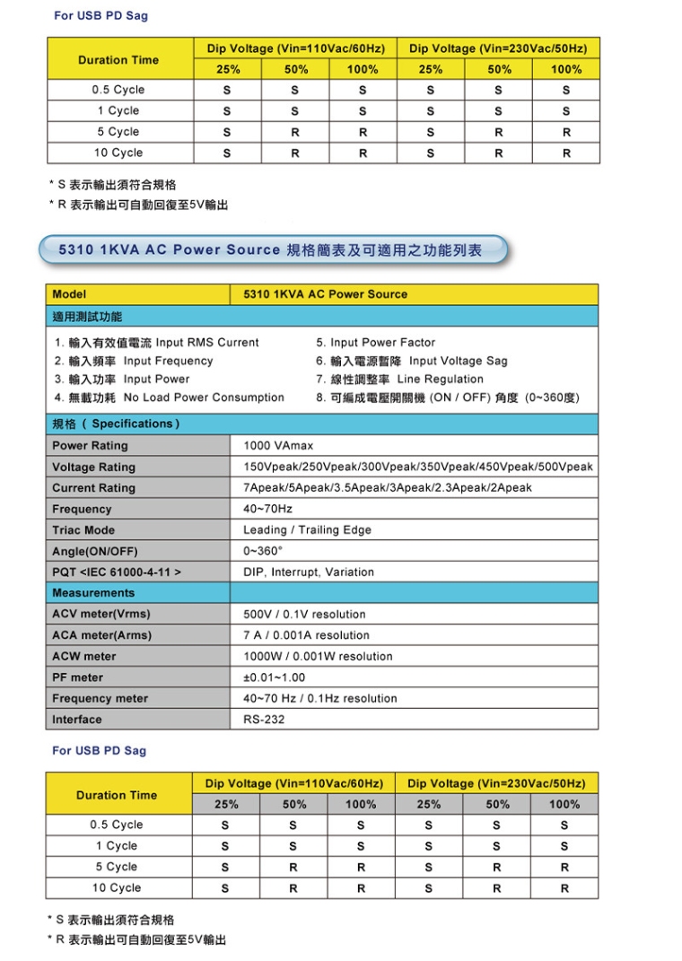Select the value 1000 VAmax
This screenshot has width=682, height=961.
pyautogui.click(x=278, y=446)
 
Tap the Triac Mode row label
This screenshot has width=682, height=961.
pyautogui.click(x=83, y=530)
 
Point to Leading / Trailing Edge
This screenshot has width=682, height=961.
pyautogui.click(x=307, y=530)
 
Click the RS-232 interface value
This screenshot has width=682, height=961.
pyautogui.click(x=264, y=720)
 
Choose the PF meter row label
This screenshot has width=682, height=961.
pyautogui.click(x=77, y=677)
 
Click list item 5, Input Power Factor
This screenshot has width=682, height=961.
pyautogui.click(x=375, y=343)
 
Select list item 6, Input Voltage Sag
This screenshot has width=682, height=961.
pyautogui.click(x=411, y=361)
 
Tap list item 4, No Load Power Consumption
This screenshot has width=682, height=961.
pyautogui.click(x=169, y=398)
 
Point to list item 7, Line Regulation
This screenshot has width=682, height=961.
pyautogui.click(x=399, y=380)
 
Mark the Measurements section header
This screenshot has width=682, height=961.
pyautogui.click(x=93, y=593)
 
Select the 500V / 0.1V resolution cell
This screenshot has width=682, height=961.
pyautogui.click(x=304, y=615)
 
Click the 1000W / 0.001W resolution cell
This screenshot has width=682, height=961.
pyautogui.click(x=318, y=657)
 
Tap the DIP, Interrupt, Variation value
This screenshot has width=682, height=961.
pyautogui.click(x=309, y=572)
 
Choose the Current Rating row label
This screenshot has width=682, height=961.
pyautogui.click(x=93, y=488)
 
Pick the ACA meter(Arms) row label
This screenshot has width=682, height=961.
pyautogui.click(x=101, y=635)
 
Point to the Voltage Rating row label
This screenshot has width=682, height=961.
pyautogui.click(x=93, y=467)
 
